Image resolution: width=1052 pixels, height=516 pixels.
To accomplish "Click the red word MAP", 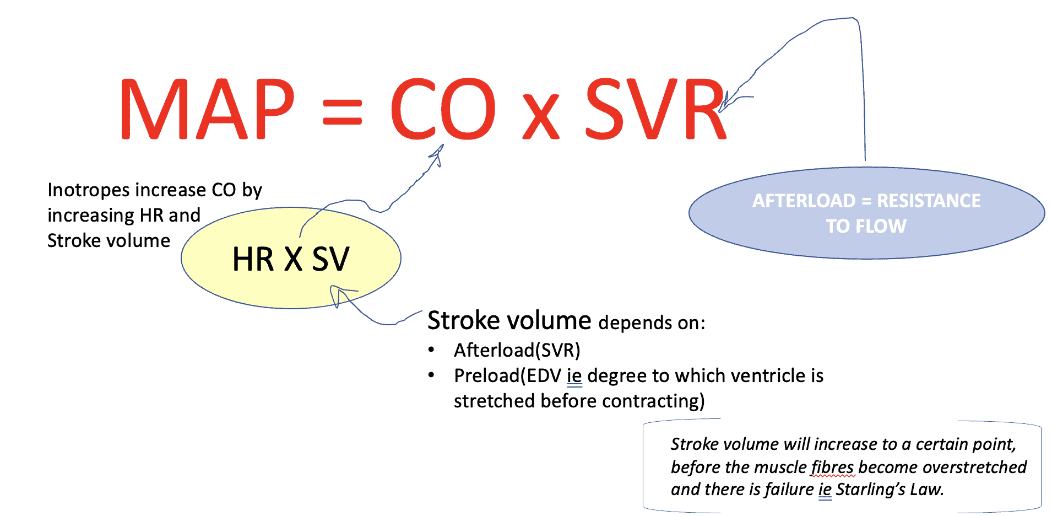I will [x=207, y=109].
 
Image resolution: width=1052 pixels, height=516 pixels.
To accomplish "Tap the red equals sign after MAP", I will [x=342, y=112].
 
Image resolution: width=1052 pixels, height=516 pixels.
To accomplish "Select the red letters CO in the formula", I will [x=443, y=109].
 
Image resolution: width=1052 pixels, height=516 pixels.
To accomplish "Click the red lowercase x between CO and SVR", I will [x=541, y=117].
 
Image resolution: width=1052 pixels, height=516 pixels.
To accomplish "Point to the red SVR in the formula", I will [x=655, y=109].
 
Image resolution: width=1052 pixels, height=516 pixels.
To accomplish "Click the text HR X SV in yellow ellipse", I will [x=291, y=259].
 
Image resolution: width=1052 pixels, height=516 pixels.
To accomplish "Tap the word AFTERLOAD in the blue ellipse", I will [x=804, y=201].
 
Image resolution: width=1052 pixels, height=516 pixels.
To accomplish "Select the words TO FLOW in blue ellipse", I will [x=866, y=226].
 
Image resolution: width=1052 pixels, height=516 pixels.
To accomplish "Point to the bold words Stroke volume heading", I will [x=509, y=321].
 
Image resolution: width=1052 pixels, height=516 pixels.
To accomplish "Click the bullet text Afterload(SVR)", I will [x=517, y=350].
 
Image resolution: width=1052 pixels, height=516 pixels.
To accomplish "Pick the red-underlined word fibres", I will [x=832, y=467].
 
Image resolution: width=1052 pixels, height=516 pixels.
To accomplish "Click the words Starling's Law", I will [x=889, y=490].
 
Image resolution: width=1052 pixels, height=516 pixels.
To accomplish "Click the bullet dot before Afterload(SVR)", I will [x=432, y=350].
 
